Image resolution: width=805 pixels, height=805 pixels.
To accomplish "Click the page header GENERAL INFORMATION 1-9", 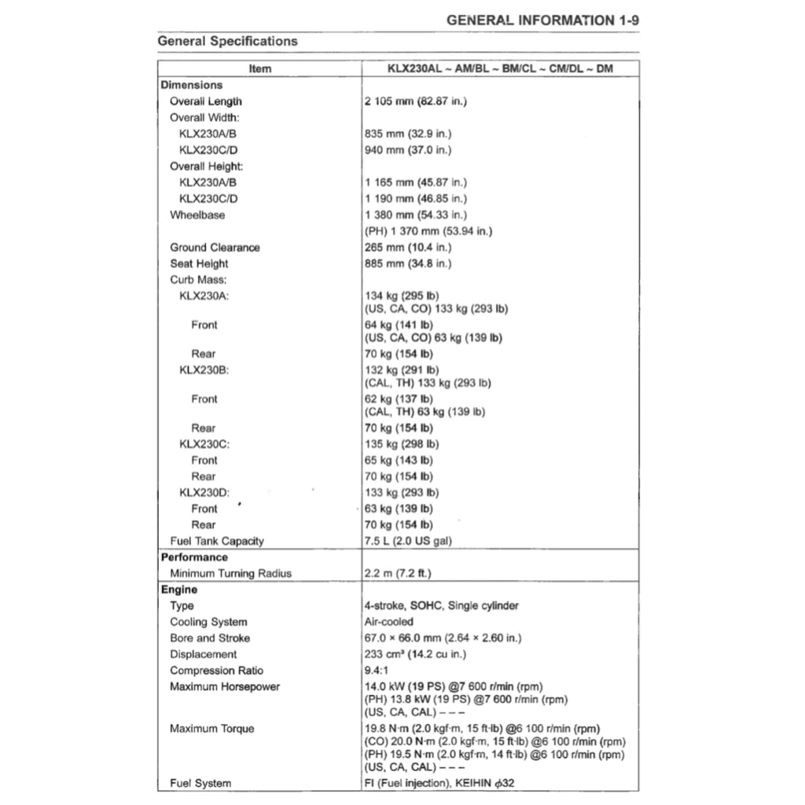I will [x=542, y=20].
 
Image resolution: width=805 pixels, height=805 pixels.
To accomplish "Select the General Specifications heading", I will [x=227, y=41].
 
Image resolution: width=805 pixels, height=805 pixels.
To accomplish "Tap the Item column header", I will [x=259, y=68].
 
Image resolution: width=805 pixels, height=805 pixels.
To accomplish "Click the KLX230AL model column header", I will [x=500, y=68].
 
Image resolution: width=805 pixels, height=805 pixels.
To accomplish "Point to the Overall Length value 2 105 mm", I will [x=416, y=101].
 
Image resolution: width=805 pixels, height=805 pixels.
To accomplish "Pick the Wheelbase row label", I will [x=197, y=215].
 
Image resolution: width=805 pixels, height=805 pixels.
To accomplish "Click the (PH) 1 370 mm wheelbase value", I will [x=428, y=231].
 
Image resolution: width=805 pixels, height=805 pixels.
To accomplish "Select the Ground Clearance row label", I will [x=215, y=248].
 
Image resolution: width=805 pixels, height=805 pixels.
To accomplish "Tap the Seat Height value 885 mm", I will [x=408, y=263].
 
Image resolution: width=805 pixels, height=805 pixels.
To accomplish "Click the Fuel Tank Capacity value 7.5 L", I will [x=408, y=541].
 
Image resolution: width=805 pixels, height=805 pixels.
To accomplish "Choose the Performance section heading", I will [x=194, y=557].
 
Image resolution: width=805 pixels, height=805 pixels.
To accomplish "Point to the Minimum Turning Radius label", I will [x=230, y=573].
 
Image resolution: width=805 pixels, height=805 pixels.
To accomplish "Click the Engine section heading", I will [x=179, y=590].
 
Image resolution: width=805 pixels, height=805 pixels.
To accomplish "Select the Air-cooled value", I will [x=388, y=622].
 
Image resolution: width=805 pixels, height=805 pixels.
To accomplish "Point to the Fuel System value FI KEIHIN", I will [x=439, y=783].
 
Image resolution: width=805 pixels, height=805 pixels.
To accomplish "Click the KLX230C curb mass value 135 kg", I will [x=402, y=444].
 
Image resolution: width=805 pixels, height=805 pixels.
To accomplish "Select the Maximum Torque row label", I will [x=211, y=729].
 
